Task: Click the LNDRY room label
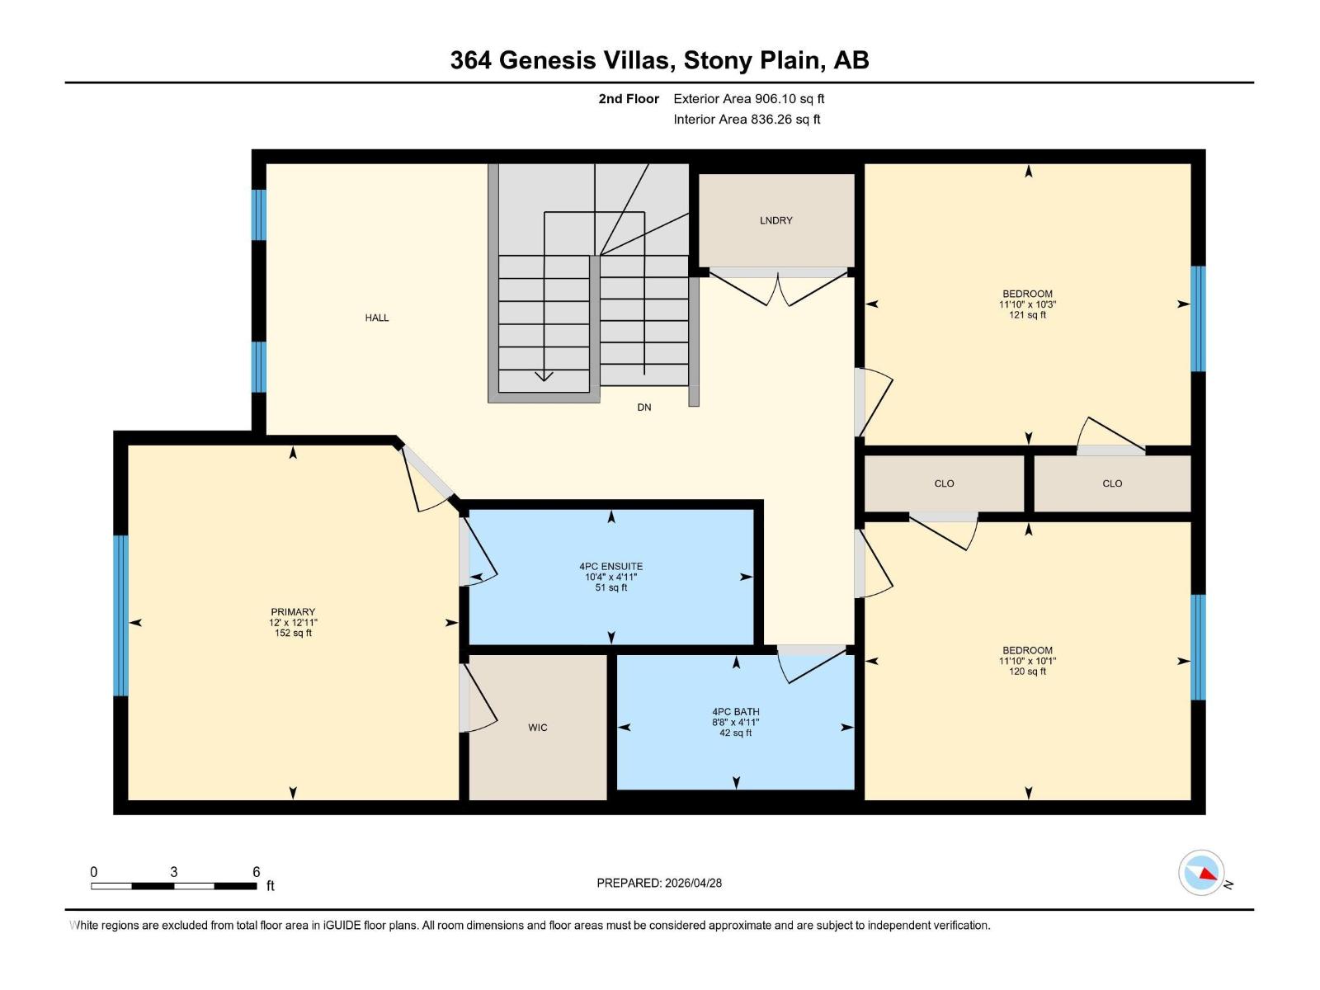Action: coord(775,220)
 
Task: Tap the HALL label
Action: coord(377,318)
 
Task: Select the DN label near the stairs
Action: coord(643,408)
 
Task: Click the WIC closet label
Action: coord(537,728)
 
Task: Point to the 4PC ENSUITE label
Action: coord(610,567)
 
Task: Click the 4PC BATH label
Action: coord(736,712)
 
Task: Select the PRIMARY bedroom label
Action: coord(293,612)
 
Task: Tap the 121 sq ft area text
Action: coord(1027,315)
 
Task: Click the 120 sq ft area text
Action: coord(1027,672)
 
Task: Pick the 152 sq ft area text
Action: coord(293,634)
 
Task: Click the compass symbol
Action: coord(1201,873)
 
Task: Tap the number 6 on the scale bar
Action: coord(257,872)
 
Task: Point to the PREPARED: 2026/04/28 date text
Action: coord(659,883)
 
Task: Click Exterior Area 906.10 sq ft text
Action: coord(748,99)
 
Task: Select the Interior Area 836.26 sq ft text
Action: coord(747,120)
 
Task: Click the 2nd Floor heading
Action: coord(629,99)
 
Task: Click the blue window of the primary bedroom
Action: coord(121,615)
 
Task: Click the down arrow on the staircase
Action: coord(544,376)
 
